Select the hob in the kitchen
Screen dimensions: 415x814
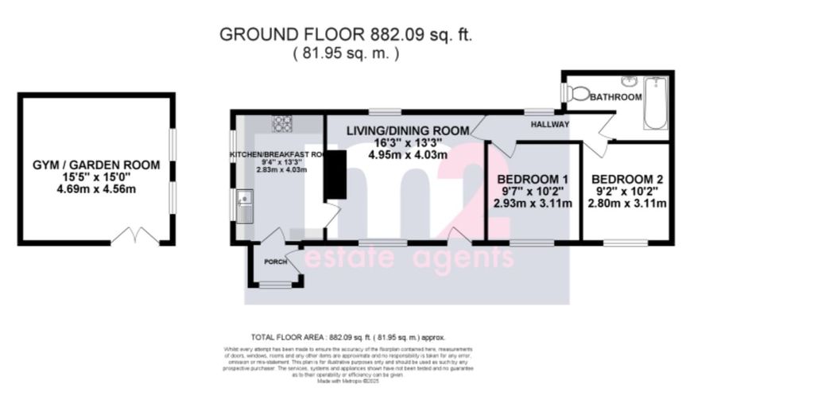pyautogui.click(x=283, y=123)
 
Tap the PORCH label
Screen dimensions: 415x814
pyautogui.click(x=276, y=262)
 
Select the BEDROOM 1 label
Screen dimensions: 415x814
pyautogui.click(x=532, y=178)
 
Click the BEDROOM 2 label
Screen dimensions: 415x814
pyautogui.click(x=626, y=178)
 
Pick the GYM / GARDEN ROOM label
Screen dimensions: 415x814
pyautogui.click(x=95, y=165)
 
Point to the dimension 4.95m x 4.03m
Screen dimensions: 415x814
pyautogui.click(x=407, y=155)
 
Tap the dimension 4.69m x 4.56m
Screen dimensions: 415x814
pyautogui.click(x=95, y=191)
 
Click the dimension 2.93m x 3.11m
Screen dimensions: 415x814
pyautogui.click(x=533, y=204)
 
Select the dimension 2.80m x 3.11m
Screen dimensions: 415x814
pyautogui.click(x=626, y=204)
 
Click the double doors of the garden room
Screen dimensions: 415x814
pyautogui.click(x=134, y=235)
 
